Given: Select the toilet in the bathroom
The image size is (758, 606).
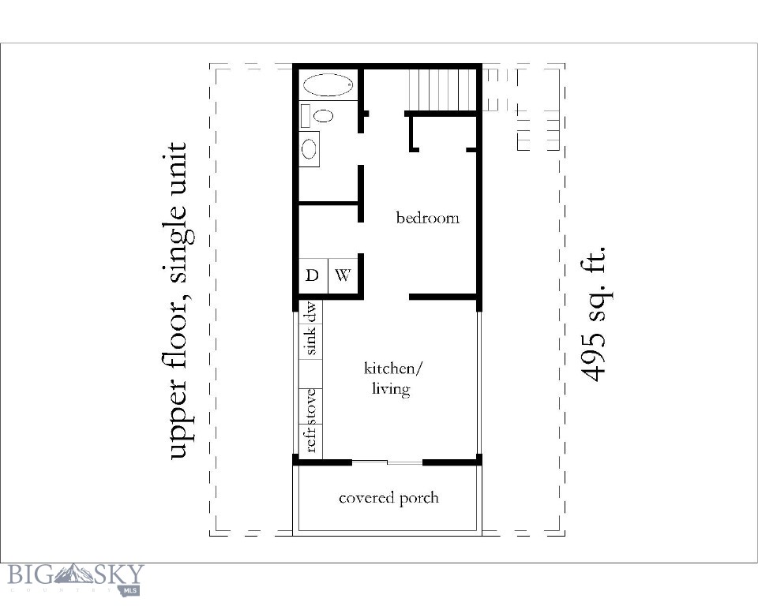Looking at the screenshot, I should click(x=320, y=115).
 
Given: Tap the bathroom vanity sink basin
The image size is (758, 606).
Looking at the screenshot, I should click(x=310, y=148).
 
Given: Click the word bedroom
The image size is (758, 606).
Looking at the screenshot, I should click(x=427, y=218).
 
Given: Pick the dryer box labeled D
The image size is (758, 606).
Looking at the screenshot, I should click(x=313, y=276).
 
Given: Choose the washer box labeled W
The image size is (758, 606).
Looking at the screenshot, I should click(x=343, y=276).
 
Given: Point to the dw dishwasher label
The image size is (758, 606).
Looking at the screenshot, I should click(x=311, y=313).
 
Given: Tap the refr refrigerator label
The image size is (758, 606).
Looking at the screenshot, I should click(x=311, y=440).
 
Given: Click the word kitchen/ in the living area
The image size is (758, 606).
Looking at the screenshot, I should click(x=393, y=368).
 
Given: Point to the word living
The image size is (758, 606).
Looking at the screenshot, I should click(x=391, y=389).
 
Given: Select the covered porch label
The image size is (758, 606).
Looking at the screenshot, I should click(x=388, y=498).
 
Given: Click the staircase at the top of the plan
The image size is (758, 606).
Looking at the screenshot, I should click(x=443, y=89).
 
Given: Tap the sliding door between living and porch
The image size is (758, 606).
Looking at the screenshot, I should click(x=387, y=462).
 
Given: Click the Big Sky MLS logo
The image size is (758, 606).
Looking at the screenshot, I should click(x=75, y=578).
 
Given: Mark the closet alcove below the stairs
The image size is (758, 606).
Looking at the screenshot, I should click(x=442, y=133).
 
